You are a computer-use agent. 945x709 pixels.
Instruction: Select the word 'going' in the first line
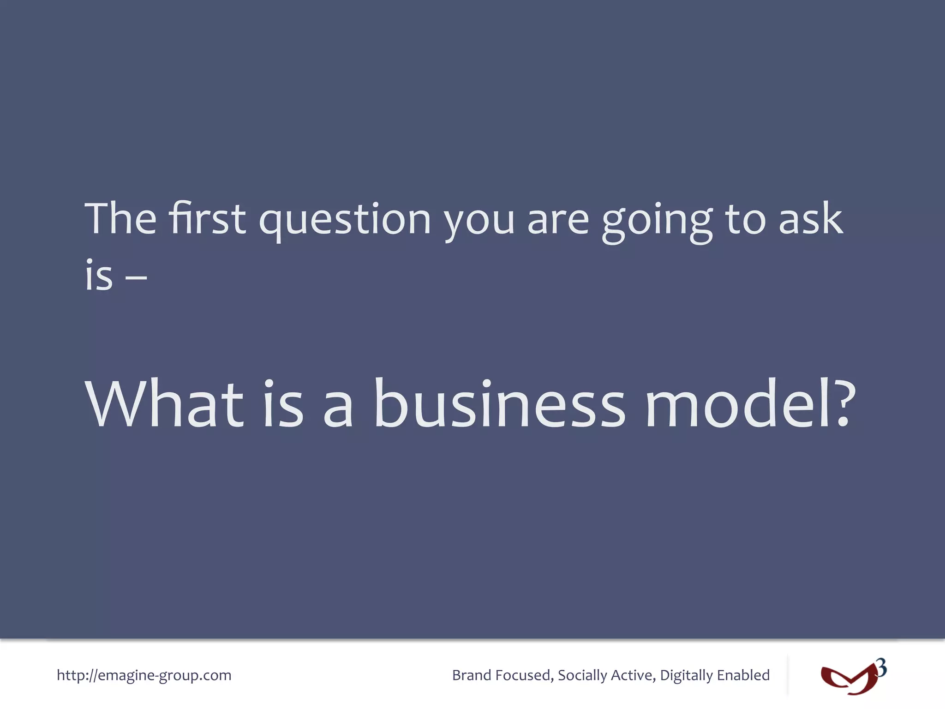pyautogui.click(x=657, y=222)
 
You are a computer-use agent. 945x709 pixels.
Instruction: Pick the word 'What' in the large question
pyautogui.click(x=164, y=404)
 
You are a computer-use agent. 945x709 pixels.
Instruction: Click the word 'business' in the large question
pyautogui.click(x=499, y=404)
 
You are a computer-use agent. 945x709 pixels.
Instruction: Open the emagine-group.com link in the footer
pyautogui.click(x=144, y=675)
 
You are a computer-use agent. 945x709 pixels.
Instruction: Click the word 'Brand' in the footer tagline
pyautogui.click(x=472, y=675)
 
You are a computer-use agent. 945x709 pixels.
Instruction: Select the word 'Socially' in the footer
pyautogui.click(x=582, y=676)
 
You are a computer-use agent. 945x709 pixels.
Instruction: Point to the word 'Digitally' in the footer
pyautogui.click(x=686, y=676)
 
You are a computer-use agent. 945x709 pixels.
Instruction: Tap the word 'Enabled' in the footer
pyautogui.click(x=743, y=675)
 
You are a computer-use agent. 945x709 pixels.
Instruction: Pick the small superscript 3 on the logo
pyautogui.click(x=881, y=668)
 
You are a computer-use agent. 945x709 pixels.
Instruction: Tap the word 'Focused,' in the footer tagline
pyautogui.click(x=524, y=675)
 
